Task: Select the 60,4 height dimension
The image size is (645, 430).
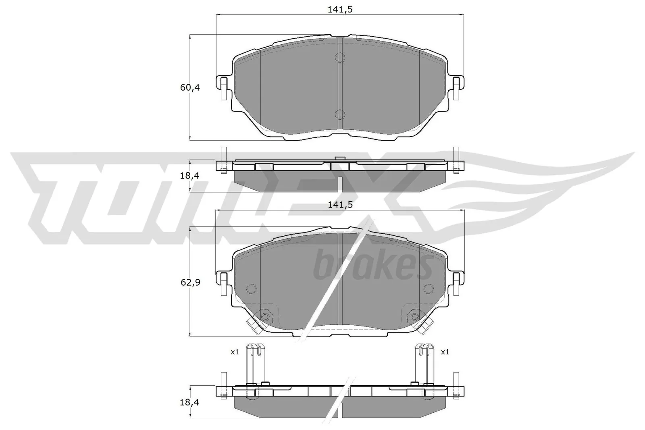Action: [190, 87]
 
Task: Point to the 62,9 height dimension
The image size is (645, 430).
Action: [190, 282]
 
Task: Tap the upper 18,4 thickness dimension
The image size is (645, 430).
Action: [190, 176]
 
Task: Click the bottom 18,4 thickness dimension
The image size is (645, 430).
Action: [190, 402]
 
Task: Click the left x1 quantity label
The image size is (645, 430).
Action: [235, 352]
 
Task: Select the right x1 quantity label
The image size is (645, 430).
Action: [445, 352]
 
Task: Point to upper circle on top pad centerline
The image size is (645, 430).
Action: [340, 58]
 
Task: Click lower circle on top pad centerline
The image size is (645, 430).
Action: [340, 114]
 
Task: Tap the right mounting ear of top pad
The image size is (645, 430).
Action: [456, 87]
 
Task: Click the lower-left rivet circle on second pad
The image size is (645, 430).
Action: [265, 316]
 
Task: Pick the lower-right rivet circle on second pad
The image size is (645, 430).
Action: [414, 316]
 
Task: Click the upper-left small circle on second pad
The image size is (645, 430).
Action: [251, 289]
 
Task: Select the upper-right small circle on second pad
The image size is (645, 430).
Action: [428, 289]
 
